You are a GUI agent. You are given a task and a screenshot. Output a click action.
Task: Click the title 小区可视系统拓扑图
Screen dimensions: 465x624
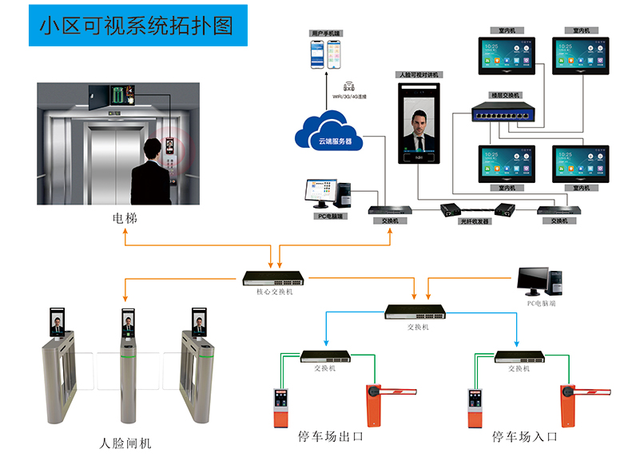tap(137, 26)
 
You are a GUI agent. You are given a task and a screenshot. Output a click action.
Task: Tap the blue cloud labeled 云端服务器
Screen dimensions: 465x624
tap(328, 132)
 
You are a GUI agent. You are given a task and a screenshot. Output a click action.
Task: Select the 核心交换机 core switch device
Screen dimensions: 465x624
tap(273, 279)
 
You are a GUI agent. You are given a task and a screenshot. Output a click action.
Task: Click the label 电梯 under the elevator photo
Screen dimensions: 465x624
tap(124, 217)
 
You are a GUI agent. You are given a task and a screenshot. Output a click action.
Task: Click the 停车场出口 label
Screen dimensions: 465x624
tap(330, 437)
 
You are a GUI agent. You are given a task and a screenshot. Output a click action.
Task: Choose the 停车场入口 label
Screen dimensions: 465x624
tap(525, 437)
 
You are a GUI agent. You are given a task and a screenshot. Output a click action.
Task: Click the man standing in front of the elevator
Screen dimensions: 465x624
tap(151, 173)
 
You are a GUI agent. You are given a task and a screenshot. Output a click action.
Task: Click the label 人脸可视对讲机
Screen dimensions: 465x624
tap(419, 75)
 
